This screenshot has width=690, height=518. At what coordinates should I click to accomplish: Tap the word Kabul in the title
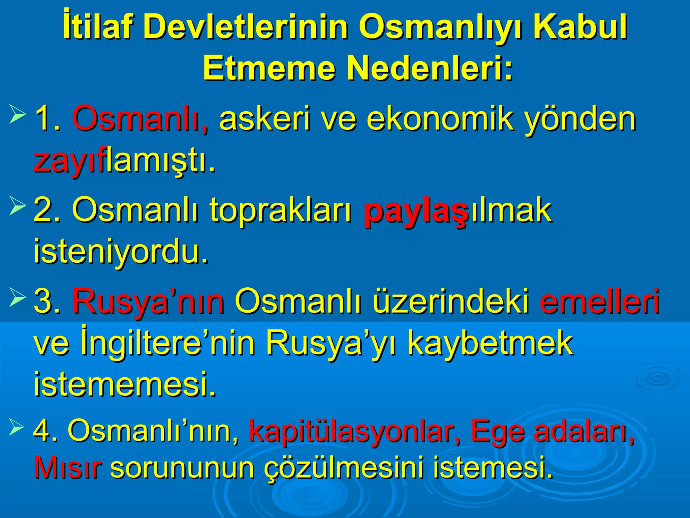coord(580,27)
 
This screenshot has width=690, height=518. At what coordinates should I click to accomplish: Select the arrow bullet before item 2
coord(18,206)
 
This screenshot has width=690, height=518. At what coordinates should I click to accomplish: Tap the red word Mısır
coord(67,468)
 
